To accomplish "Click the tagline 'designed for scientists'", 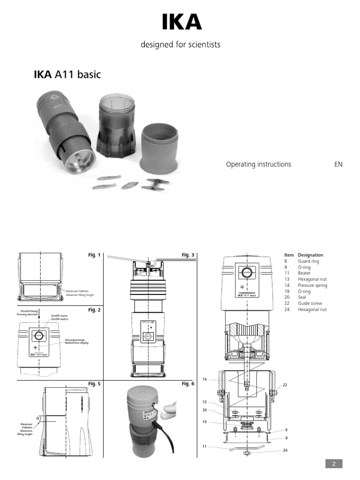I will click(x=180, y=45).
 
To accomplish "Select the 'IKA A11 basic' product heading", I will click(x=67, y=75).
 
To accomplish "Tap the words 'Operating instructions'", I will click(x=258, y=164).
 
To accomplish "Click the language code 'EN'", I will click(x=338, y=164).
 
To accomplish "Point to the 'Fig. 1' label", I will click(x=94, y=255).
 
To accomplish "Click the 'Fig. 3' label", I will click(x=187, y=255).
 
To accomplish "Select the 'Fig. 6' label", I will click(x=187, y=384).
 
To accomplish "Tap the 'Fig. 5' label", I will click(x=94, y=384).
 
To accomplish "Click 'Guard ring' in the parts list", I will click(x=307, y=261).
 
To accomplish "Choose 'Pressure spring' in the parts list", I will click(x=313, y=285).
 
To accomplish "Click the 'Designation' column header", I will click(x=310, y=255).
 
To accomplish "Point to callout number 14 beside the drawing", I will click(x=204, y=379).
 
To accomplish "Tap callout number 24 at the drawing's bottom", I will click(x=285, y=450).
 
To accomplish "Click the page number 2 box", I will click(x=334, y=464).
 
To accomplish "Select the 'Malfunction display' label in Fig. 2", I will click(x=77, y=343).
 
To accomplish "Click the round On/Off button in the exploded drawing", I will click(x=247, y=272).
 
